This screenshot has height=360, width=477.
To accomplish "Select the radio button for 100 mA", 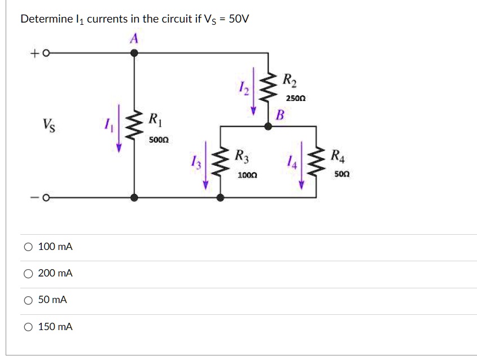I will point(28,247).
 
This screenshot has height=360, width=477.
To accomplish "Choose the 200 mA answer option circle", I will point(28,273).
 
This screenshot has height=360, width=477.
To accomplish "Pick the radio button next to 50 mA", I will point(28,300).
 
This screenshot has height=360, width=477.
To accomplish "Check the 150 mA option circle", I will point(28,327).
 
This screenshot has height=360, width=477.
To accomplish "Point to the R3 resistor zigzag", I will point(221,164).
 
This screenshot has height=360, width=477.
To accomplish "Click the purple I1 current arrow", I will point(119,128).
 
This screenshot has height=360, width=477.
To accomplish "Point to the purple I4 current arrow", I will point(301,165).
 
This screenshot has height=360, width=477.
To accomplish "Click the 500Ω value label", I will point(159,139).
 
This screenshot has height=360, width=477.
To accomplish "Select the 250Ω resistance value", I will point(295,98).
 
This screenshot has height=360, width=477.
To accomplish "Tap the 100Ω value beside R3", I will point(247,175).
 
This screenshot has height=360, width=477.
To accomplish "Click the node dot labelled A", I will point(134,53).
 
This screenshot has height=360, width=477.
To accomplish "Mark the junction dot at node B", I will point(269,126).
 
